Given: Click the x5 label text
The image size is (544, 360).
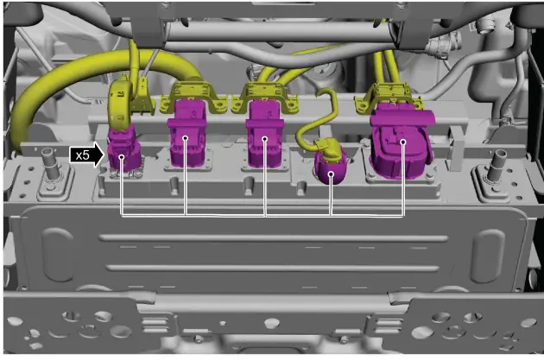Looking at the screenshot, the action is click(83, 155).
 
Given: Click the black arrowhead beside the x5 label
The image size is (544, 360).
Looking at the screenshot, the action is click(98, 155).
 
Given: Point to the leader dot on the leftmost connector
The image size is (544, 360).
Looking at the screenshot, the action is click(122, 157).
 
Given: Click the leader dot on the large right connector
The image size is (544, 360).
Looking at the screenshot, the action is click(402, 142).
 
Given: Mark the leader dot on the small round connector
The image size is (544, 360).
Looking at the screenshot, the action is click(331, 174).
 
